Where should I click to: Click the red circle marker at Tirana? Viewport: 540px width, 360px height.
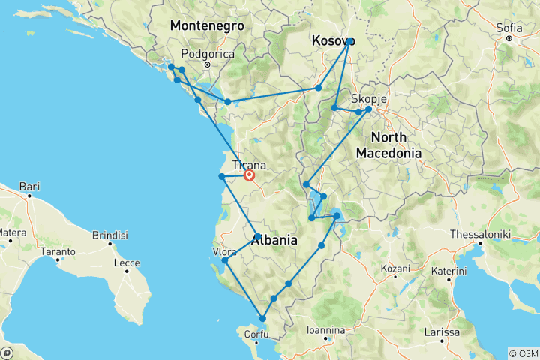tap(249, 176)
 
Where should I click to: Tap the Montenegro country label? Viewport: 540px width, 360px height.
tap(207, 25)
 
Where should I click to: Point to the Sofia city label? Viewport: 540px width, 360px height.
tap(508, 28)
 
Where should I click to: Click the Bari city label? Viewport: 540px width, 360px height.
tap(29, 185)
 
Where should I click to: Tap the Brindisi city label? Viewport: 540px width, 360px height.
tap(110, 235)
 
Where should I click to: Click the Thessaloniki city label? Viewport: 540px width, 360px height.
tap(480, 234)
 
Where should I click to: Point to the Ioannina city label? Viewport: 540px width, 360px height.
tap(325, 330)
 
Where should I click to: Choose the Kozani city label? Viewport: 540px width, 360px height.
tap(397, 268)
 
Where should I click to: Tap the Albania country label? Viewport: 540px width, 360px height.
tap(274, 241)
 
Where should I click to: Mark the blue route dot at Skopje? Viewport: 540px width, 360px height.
tap(368, 109)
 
